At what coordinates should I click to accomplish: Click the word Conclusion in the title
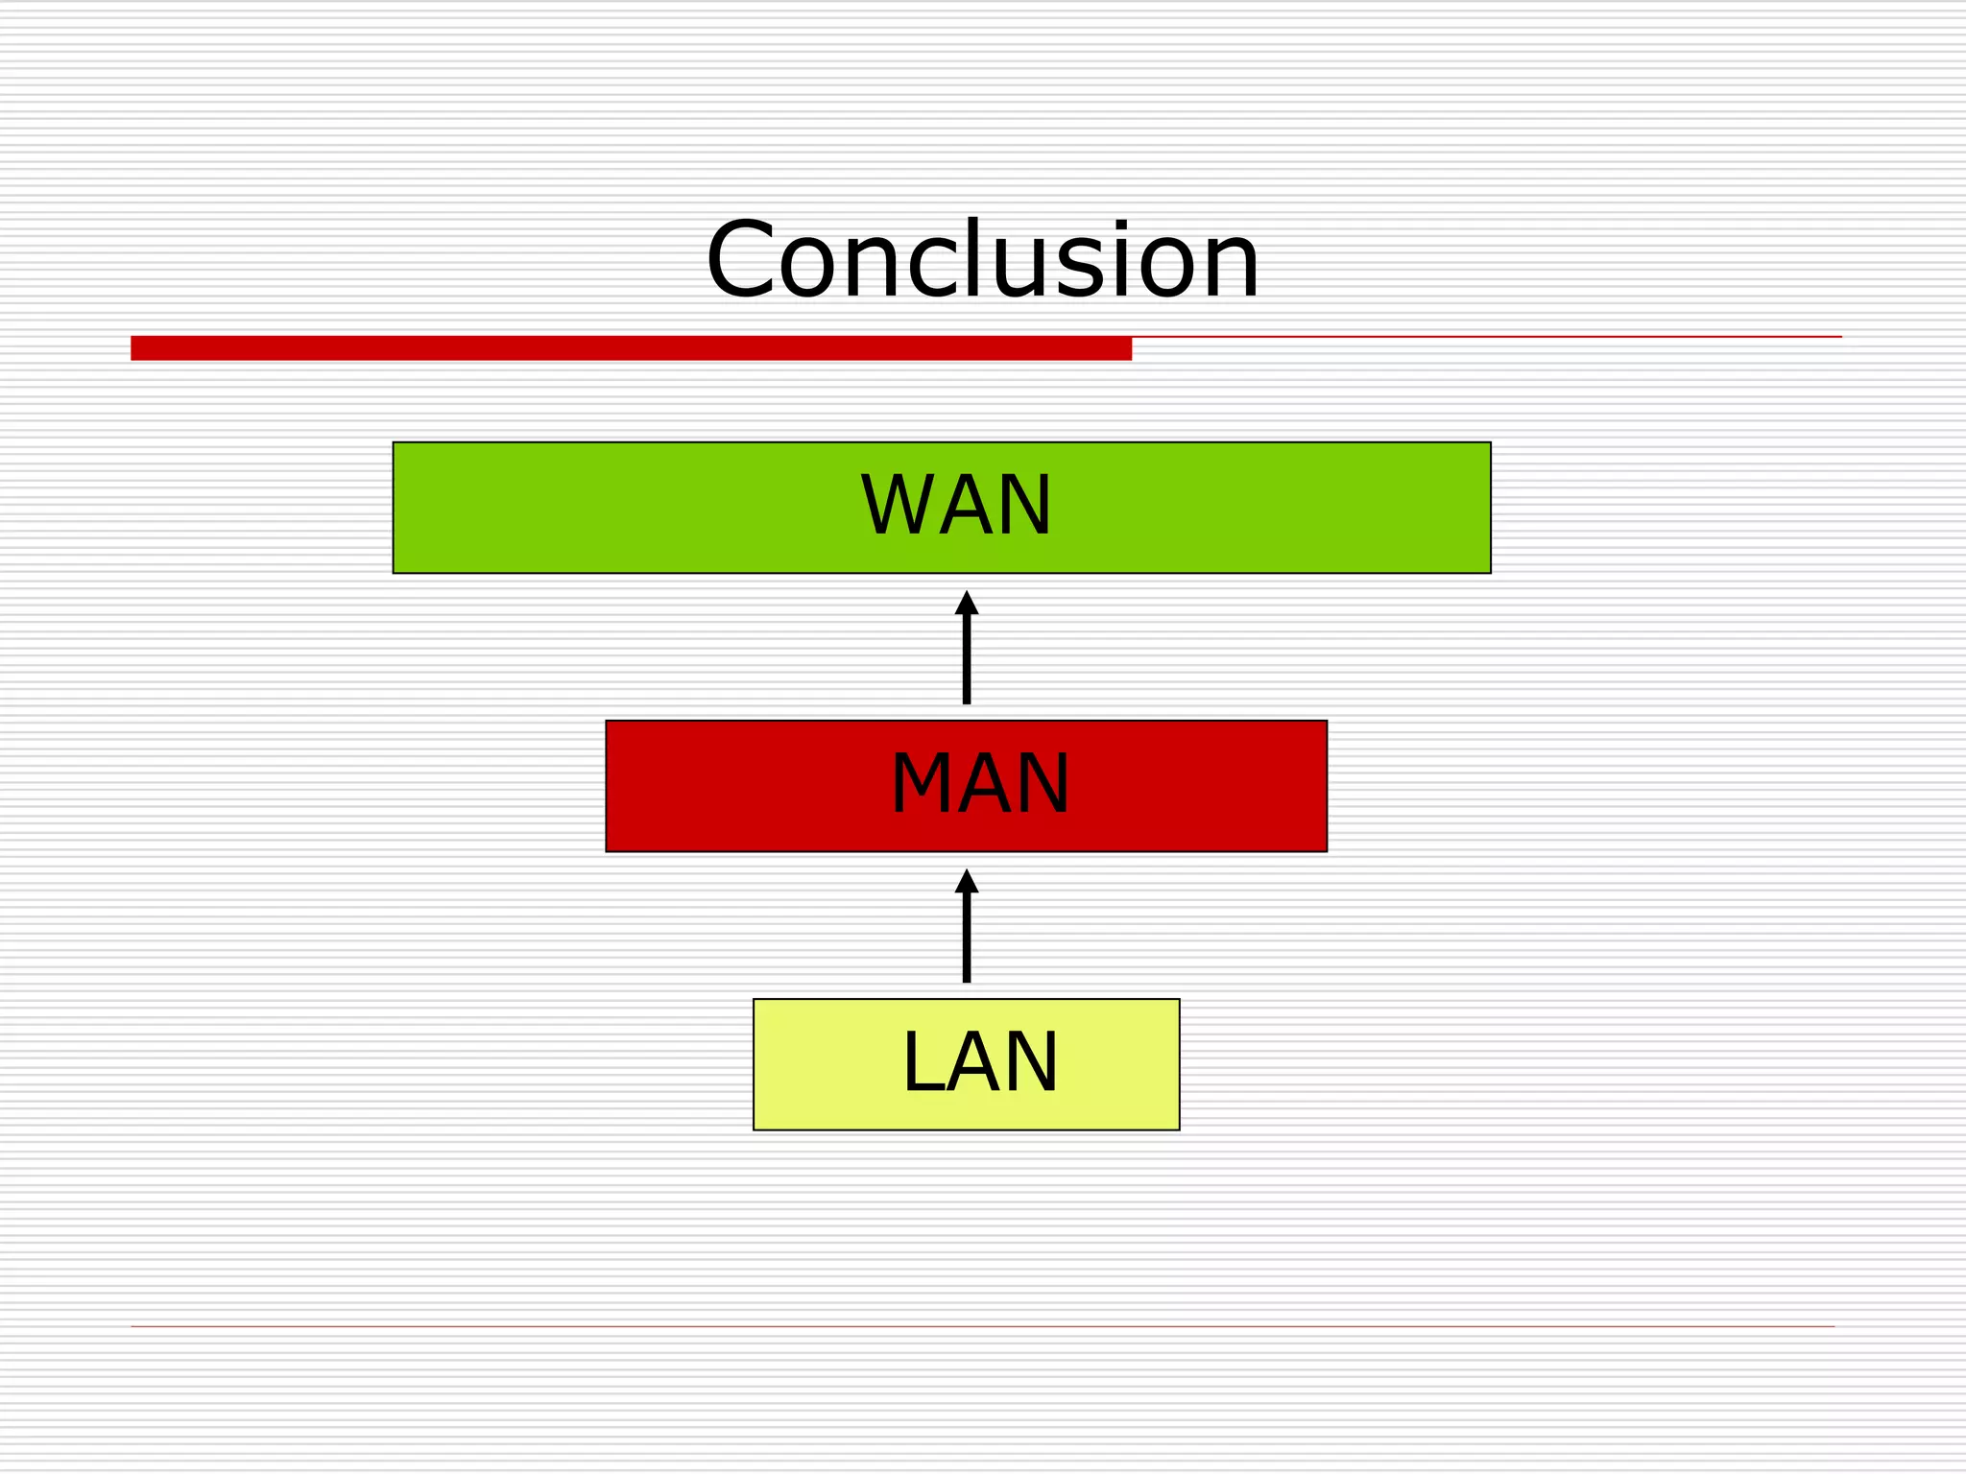coord(982,261)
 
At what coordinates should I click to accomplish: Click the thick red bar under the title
coord(631,348)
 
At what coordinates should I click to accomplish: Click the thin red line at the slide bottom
coord(982,1326)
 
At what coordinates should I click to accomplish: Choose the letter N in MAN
coord(1043,784)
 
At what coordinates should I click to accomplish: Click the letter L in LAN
coord(922,1062)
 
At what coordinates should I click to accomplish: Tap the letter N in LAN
coord(1031,1062)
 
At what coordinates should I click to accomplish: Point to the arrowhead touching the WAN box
coord(967,604)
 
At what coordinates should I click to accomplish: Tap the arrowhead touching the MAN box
coord(967,882)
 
